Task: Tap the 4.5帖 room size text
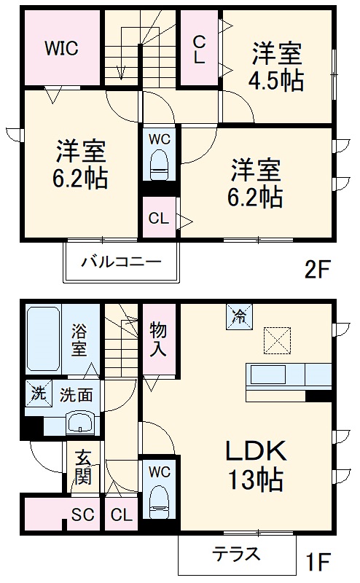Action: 278,81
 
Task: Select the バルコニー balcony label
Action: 120,261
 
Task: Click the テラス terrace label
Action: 236,554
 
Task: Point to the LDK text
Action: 255,452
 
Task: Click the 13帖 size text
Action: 254,481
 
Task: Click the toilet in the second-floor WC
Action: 159,164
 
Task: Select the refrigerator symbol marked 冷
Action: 238,316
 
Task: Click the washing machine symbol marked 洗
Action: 36,394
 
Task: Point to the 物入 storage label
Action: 159,339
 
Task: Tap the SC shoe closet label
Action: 82,516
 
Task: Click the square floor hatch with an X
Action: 275,340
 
